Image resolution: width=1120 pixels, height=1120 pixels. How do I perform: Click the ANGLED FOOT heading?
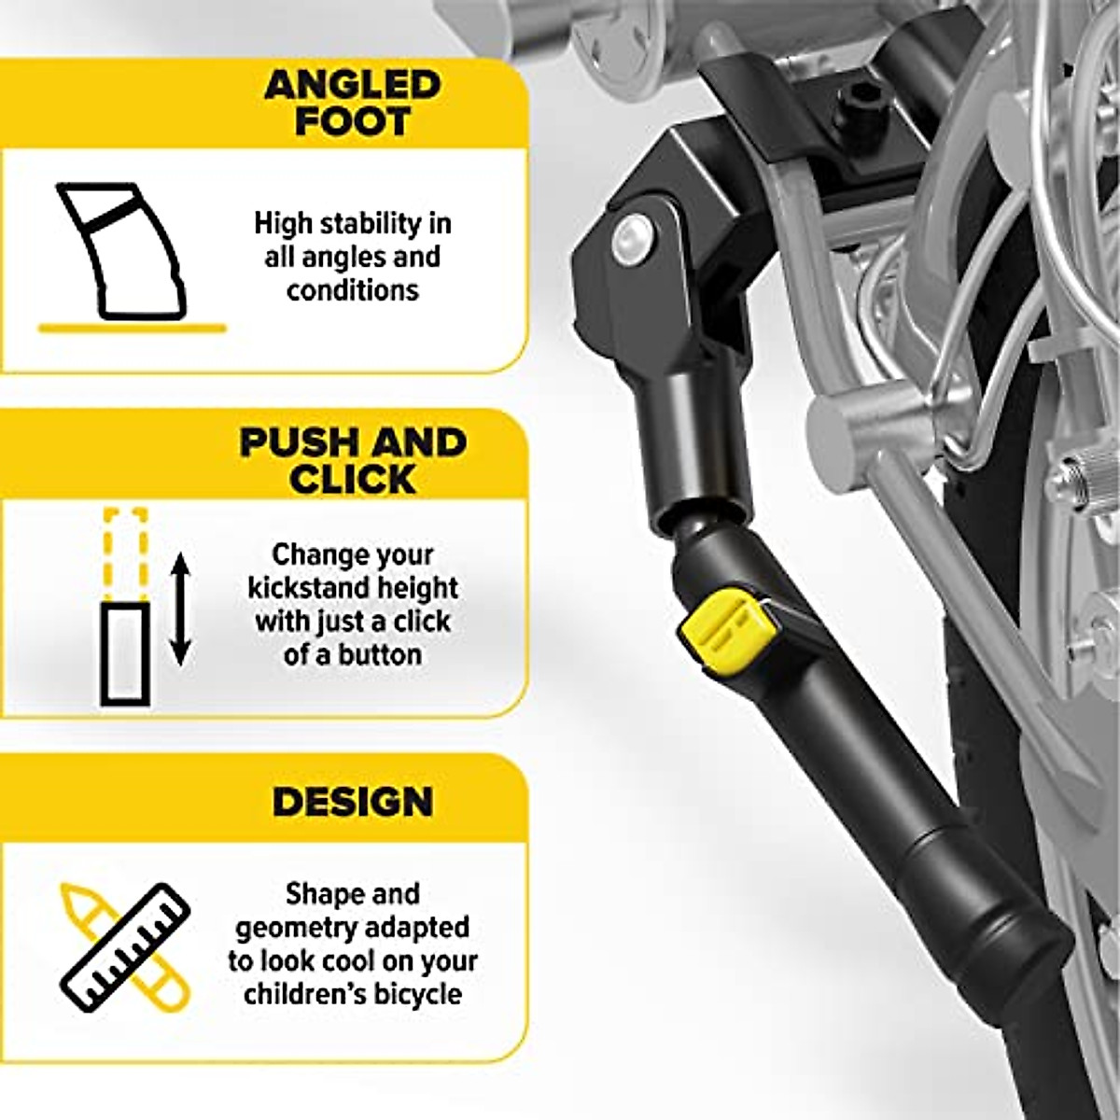pyautogui.click(x=352, y=103)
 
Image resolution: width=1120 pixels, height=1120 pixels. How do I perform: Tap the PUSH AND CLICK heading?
pyautogui.click(x=353, y=460)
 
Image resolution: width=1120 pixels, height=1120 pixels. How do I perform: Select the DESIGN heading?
pyautogui.click(x=353, y=802)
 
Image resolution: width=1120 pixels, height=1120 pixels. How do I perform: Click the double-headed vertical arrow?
pyautogui.click(x=181, y=608)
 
